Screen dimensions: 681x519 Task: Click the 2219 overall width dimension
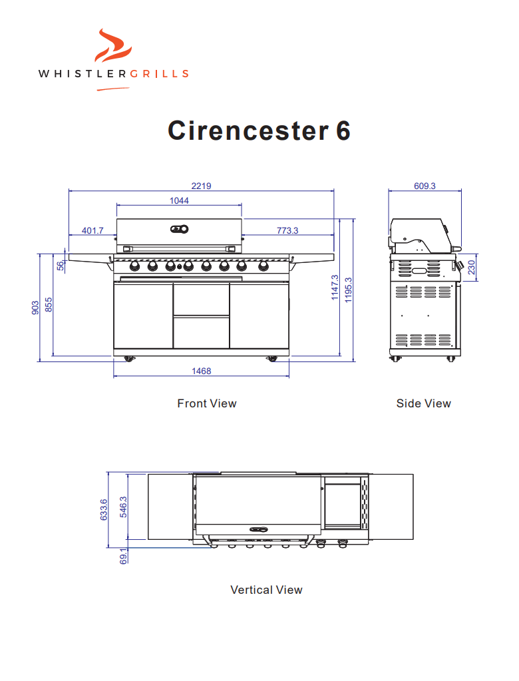(x=202, y=186)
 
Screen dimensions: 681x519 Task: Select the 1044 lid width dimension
(x=179, y=200)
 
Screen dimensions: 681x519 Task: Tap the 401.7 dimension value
(x=92, y=230)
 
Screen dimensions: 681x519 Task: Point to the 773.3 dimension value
(x=287, y=230)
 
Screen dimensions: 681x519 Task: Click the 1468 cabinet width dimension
(x=202, y=371)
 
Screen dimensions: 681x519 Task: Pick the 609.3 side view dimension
(x=425, y=186)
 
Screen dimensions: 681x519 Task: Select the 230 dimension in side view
(x=471, y=267)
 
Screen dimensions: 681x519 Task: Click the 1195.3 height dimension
(x=349, y=288)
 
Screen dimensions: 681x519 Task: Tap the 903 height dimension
(x=35, y=307)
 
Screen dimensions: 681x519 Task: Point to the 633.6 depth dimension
(x=104, y=511)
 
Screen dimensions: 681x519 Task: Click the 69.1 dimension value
(x=123, y=557)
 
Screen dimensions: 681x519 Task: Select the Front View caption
(x=206, y=403)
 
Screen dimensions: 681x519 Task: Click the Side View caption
(x=423, y=403)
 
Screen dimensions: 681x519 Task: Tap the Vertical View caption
(x=266, y=590)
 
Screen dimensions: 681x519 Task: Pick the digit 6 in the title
(x=342, y=130)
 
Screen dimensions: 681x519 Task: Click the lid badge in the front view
(x=179, y=229)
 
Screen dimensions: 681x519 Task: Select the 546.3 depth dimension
(x=123, y=507)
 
